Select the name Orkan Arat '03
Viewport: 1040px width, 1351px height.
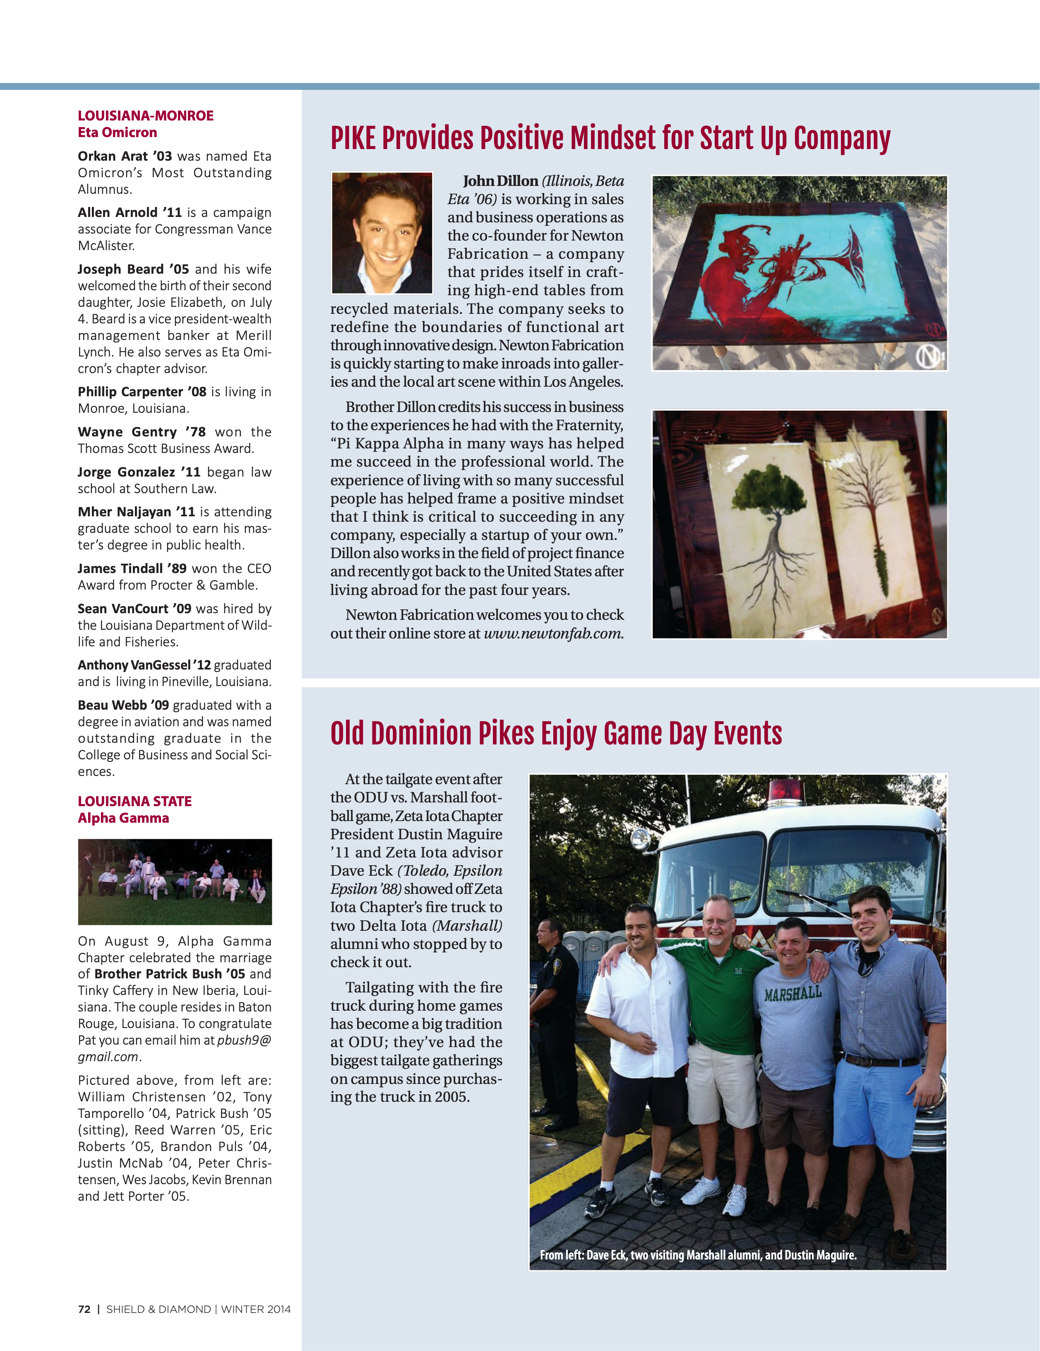pyautogui.click(x=124, y=156)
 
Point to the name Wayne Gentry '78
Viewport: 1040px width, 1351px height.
pyautogui.click(x=142, y=432)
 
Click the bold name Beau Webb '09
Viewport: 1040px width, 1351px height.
pyautogui.click(x=123, y=705)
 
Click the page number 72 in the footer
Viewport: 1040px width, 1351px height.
pyautogui.click(x=84, y=1309)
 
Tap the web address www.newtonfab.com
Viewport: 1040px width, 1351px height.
pyautogui.click(x=553, y=633)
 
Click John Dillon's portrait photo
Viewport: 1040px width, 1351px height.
pyautogui.click(x=382, y=233)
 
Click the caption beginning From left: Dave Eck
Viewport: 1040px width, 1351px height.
pyautogui.click(x=697, y=1255)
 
